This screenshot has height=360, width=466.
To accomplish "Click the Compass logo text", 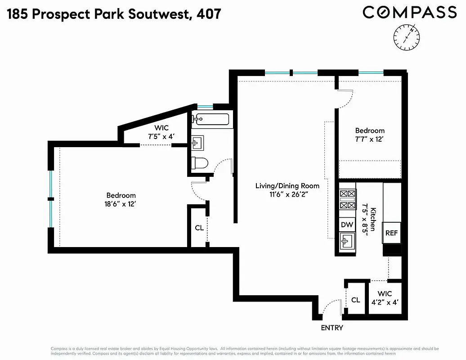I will click(x=410, y=12).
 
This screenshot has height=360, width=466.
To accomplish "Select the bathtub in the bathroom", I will click(x=211, y=119).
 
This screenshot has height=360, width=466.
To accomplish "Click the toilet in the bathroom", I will click(x=199, y=162).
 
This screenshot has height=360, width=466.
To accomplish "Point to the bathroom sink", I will click(x=197, y=143).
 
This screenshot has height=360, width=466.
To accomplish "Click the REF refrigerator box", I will click(x=391, y=234).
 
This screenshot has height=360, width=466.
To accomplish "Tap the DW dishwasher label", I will click(x=347, y=225).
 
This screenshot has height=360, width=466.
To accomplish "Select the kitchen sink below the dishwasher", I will click(x=347, y=242).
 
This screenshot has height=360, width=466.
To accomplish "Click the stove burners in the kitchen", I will click(x=347, y=199).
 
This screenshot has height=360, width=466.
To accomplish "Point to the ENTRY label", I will click(x=332, y=328).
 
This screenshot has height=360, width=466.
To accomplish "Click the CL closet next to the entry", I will click(x=355, y=300).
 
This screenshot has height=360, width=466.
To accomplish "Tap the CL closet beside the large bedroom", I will click(x=199, y=228).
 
